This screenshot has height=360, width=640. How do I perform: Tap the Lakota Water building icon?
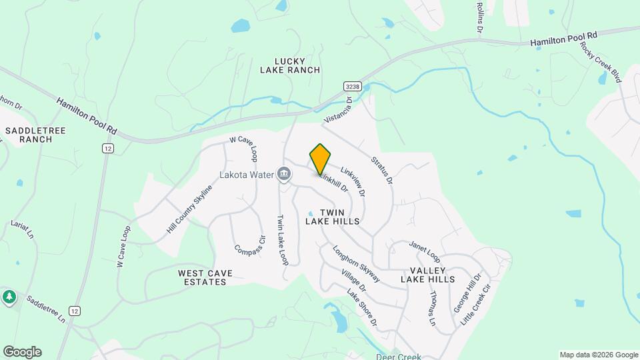point(284,175)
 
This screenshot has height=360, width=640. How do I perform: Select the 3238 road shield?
point(353,87)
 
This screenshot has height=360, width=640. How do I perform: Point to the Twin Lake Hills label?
point(333,216)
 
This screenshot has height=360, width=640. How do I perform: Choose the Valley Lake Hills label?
point(427,275)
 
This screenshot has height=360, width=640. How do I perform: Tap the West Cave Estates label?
point(202,277)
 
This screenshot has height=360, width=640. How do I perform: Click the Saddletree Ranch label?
point(35,135)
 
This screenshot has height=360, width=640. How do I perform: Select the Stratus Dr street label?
point(382,171)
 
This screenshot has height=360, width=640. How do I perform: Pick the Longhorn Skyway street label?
point(357,263)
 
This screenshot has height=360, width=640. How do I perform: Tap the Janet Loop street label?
point(425,251)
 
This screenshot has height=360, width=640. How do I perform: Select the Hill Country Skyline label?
point(189,209)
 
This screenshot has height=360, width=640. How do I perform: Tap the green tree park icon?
point(9,297)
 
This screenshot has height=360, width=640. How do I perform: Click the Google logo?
point(22,352)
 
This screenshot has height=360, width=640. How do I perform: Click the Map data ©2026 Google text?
point(598,355)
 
